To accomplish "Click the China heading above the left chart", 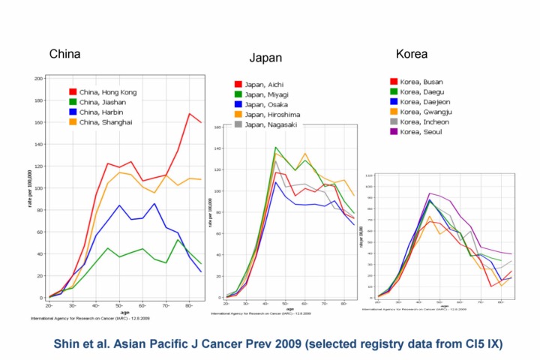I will tap(64, 54).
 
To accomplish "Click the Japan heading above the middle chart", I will tap(265, 58).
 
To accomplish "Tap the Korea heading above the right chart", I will tap(412, 54).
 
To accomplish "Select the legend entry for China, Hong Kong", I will tap(109, 92).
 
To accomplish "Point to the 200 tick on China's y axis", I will tap(37, 78).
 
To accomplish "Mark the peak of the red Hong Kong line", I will tap(190, 114).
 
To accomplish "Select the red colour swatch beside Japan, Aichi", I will tap(238, 85).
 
